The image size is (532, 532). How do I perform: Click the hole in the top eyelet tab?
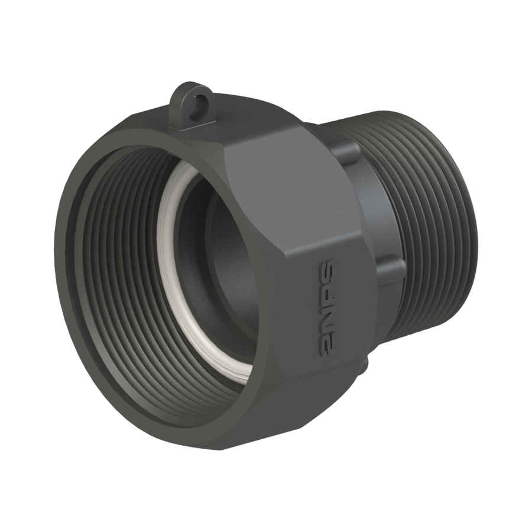tap(198, 102)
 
